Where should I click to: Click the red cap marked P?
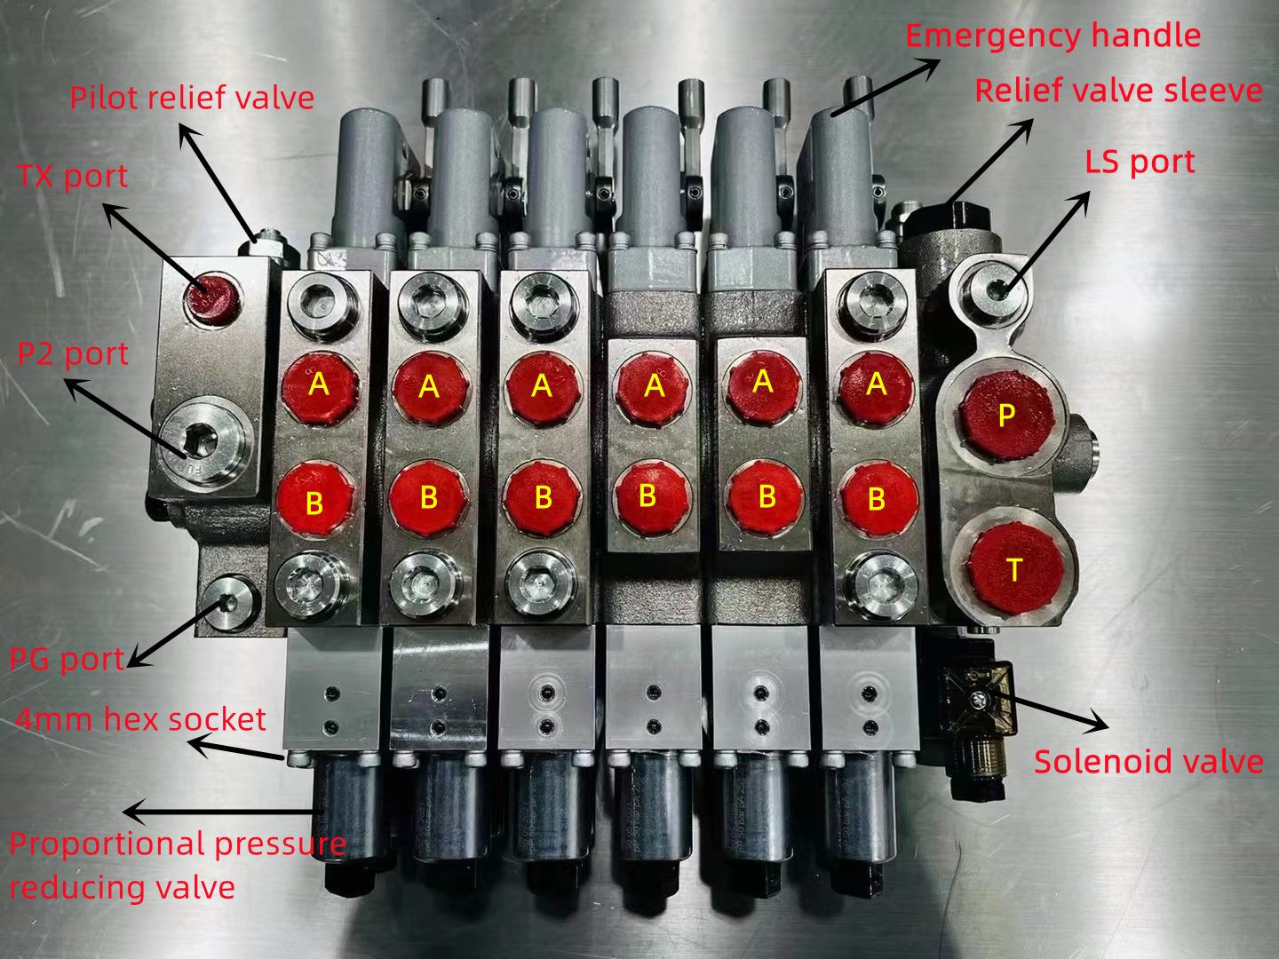[1006, 415]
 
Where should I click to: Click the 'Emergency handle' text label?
[1053, 36]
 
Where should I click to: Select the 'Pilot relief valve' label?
[192, 98]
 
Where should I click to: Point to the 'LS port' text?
[1140, 162]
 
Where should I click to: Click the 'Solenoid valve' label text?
[1148, 762]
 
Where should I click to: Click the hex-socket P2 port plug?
[203, 441]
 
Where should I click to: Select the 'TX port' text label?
[73, 176]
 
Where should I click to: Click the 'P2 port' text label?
[73, 353]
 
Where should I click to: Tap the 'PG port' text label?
[67, 660]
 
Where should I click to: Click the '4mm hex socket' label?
[140, 719]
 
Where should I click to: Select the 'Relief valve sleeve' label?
[1118, 91]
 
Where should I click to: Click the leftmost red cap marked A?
[319, 387]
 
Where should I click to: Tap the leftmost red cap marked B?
[315, 500]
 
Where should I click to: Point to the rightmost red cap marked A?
[877, 385]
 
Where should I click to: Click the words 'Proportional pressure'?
[178, 844]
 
